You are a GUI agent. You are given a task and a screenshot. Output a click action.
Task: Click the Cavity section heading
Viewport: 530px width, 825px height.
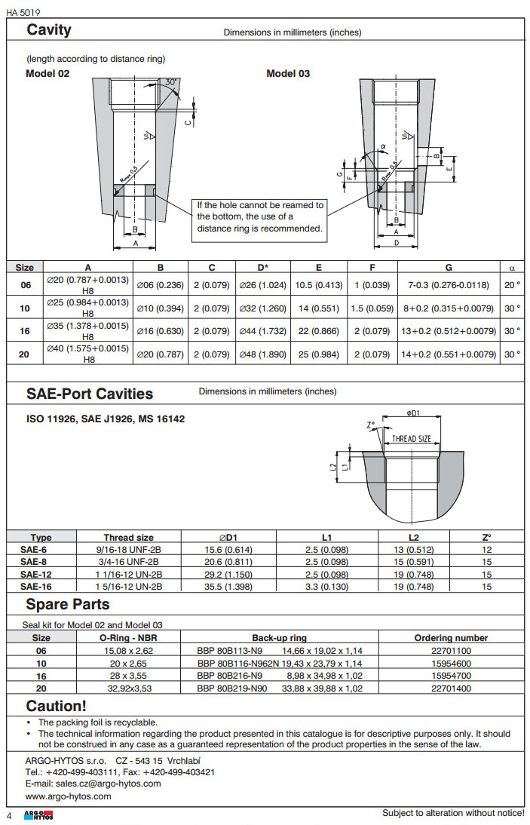49,30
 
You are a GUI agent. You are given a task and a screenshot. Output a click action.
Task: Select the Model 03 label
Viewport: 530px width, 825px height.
288,73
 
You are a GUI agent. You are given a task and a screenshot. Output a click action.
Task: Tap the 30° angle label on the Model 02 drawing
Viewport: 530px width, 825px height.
171,81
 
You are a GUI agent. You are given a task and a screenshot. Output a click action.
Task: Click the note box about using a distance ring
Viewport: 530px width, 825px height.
260,216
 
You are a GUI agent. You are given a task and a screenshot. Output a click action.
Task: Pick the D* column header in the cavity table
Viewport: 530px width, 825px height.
263,267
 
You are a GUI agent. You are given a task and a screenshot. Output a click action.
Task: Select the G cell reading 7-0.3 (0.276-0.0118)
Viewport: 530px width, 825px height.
449,285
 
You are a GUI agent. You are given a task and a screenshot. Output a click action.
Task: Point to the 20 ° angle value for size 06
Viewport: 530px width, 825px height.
513,285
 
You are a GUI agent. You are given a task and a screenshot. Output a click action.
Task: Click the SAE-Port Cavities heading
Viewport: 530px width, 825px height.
90,394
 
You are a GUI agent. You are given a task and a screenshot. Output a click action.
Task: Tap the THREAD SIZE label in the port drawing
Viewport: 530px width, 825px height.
412,439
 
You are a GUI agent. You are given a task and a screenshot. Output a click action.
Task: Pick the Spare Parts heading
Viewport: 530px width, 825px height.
68,605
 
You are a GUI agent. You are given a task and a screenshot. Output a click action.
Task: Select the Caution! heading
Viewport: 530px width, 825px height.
57,707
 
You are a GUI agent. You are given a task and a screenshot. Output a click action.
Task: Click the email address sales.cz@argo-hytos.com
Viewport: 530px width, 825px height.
105,784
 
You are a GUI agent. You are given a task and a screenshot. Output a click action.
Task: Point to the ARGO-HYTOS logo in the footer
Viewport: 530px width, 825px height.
38,816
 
